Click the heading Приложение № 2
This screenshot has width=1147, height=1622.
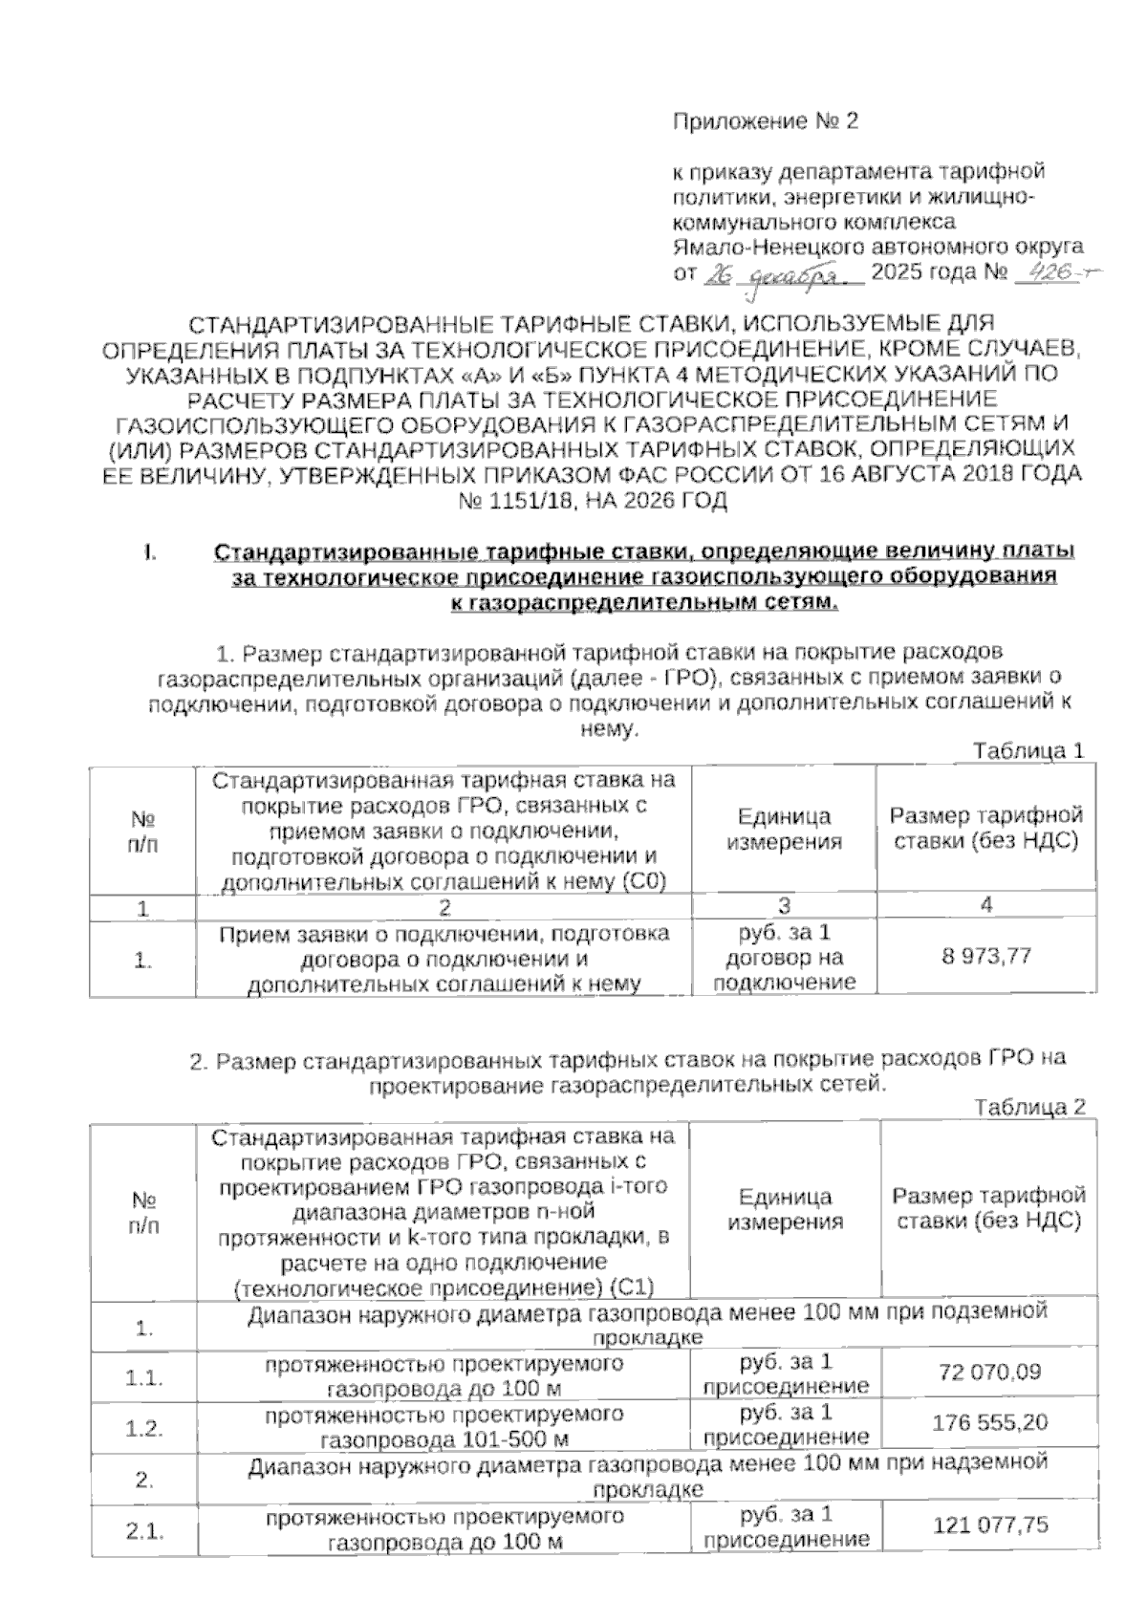point(767,121)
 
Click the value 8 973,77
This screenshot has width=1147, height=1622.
point(986,956)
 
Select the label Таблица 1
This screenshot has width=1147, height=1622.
point(1028,751)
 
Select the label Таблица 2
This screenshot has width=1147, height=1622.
point(1029,1108)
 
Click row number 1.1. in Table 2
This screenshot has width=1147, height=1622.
point(144,1378)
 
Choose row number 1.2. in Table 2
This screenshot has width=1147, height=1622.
point(144,1428)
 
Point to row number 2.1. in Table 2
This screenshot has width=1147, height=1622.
point(144,1531)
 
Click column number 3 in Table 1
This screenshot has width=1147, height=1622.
point(784,906)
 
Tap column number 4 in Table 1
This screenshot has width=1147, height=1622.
point(986,904)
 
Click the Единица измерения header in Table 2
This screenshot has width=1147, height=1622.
point(785,1209)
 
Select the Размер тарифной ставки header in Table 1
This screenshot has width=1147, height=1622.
point(986,828)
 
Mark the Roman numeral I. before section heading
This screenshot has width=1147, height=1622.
point(149,552)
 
